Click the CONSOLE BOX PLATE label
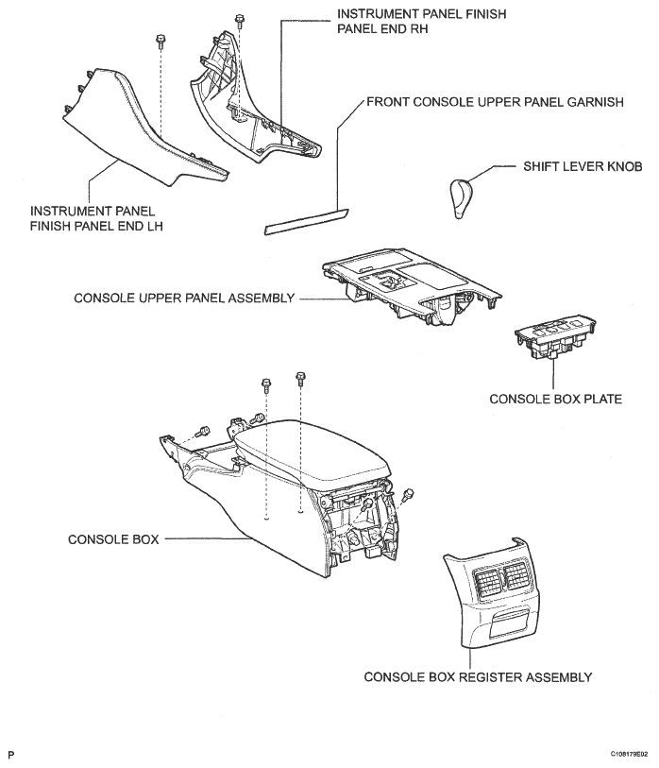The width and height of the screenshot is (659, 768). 555,399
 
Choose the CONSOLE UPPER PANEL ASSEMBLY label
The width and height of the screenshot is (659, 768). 185,299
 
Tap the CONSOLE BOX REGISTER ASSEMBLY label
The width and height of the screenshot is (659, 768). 478,676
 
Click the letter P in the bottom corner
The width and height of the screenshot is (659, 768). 11,755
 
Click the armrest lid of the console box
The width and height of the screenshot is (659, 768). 312,454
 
